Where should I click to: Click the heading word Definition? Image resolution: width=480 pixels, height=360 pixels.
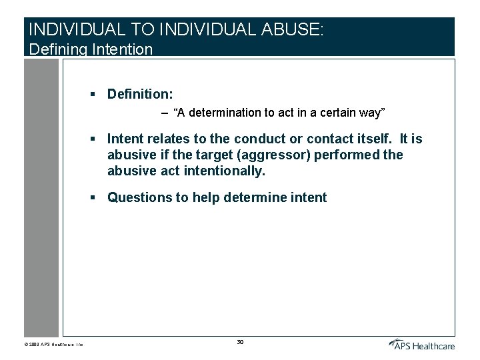[x=140, y=95]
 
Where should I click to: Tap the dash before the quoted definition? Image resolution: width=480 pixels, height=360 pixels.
[x=165, y=113]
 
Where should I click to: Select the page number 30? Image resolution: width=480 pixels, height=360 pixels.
[x=239, y=342]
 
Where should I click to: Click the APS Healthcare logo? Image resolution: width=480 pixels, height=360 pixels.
[x=421, y=344]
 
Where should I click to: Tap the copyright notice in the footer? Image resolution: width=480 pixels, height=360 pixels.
[x=57, y=345]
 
